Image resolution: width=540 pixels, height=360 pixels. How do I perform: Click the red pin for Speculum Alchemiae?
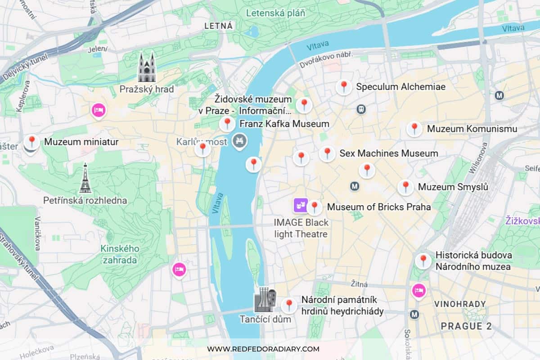click(344, 86)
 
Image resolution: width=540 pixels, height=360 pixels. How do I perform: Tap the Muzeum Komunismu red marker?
click(414, 128)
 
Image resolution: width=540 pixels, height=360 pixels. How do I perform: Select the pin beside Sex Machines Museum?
click(327, 153)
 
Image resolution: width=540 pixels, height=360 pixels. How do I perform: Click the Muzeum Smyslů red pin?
click(405, 187)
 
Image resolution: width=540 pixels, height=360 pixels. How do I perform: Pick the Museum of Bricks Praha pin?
click(314, 207)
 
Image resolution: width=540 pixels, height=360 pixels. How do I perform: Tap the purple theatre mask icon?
click(300, 206)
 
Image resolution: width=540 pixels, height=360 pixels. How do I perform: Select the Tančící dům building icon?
click(265, 300)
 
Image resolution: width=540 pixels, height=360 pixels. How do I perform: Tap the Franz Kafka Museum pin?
click(227, 123)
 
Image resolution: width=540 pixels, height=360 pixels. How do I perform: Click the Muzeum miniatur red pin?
click(31, 142)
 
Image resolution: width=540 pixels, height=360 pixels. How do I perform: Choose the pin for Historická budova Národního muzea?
click(423, 260)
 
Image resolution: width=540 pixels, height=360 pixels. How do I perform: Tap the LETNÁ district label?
click(219, 26)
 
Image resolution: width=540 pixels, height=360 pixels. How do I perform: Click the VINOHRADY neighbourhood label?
click(460, 304)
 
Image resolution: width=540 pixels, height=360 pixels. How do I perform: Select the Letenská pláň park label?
click(275, 13)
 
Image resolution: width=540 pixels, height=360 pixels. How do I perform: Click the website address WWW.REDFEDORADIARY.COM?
click(263, 349)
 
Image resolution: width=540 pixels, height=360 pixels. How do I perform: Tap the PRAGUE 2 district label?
click(466, 326)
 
